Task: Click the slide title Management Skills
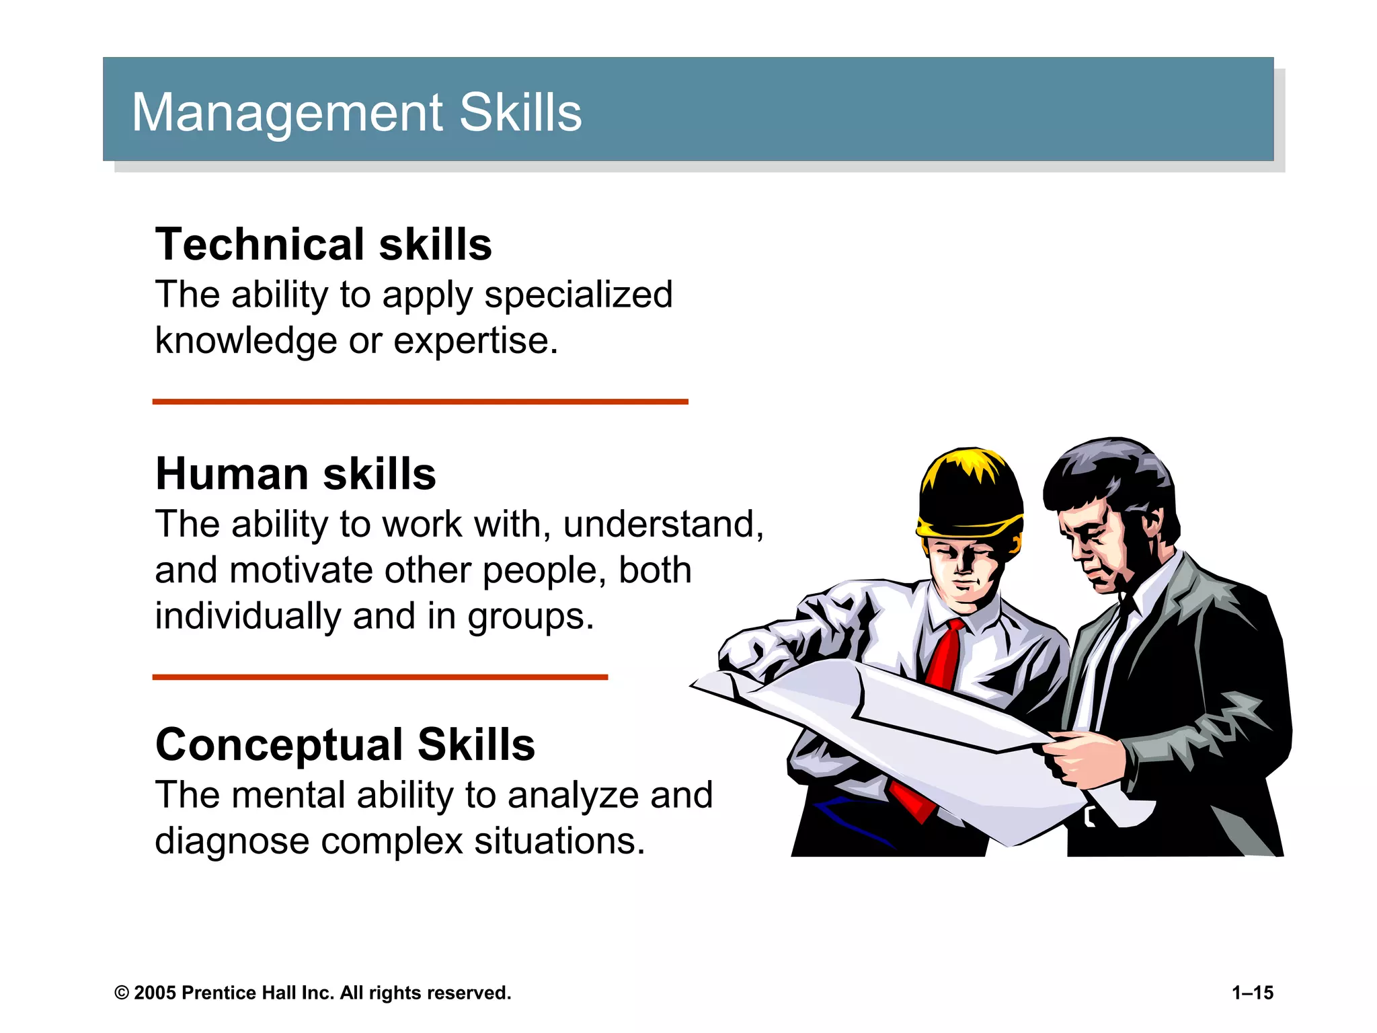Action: [356, 112]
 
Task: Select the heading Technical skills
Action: [323, 244]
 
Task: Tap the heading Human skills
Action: [296, 474]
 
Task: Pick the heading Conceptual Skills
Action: [345, 745]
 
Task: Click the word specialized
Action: [578, 295]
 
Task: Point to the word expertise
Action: [475, 341]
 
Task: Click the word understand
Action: [662, 525]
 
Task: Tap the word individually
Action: [247, 616]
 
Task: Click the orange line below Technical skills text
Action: [420, 401]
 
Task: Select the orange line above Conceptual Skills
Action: [380, 677]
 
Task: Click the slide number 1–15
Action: [1252, 993]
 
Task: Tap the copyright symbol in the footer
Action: [122, 993]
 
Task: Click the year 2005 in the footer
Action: [155, 993]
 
